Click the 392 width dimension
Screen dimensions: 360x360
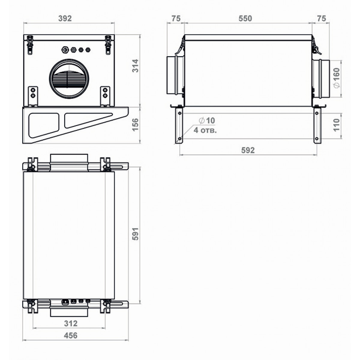[x=65, y=19]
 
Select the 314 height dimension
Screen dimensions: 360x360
[x=135, y=66]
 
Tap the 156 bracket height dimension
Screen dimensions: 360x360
[x=135, y=125]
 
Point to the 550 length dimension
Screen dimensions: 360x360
[x=245, y=19]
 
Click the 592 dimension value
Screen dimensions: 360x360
[x=248, y=150]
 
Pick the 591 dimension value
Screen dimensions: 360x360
[x=135, y=234]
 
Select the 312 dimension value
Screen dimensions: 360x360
[x=70, y=323]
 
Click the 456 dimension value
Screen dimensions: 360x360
[x=70, y=335]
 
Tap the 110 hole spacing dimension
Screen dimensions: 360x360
[x=336, y=125]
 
